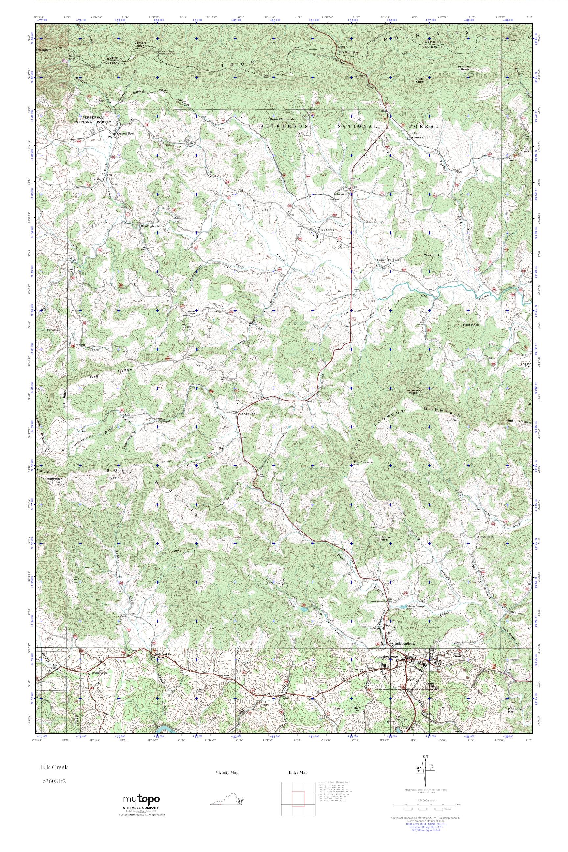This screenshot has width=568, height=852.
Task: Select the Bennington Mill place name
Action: pos(152,226)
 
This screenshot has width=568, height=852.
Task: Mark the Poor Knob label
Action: pos(471,325)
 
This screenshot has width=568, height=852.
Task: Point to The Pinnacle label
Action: pos(363,462)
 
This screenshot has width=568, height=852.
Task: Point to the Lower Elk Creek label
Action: pos(388,260)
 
